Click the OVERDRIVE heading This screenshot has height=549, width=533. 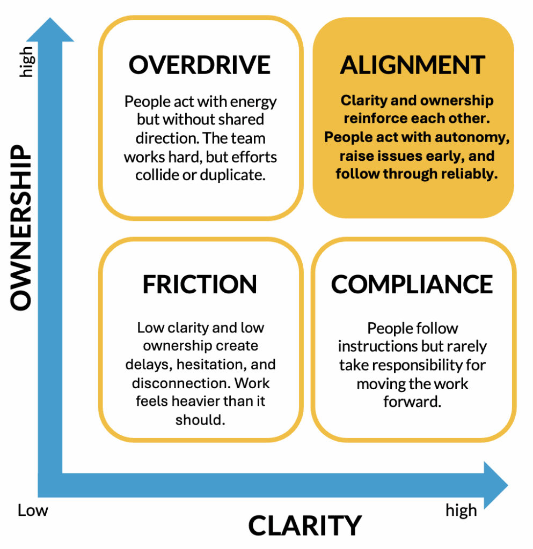point(200,65)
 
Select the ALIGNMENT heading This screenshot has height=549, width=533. point(413,65)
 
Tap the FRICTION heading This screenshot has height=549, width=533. point(200,285)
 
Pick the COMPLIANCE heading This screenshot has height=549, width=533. point(412,284)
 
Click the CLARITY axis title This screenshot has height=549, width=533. point(305,525)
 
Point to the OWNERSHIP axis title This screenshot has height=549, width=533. point(22,229)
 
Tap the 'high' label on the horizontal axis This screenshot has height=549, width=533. point(461,511)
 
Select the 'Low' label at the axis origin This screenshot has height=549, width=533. point(33,510)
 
